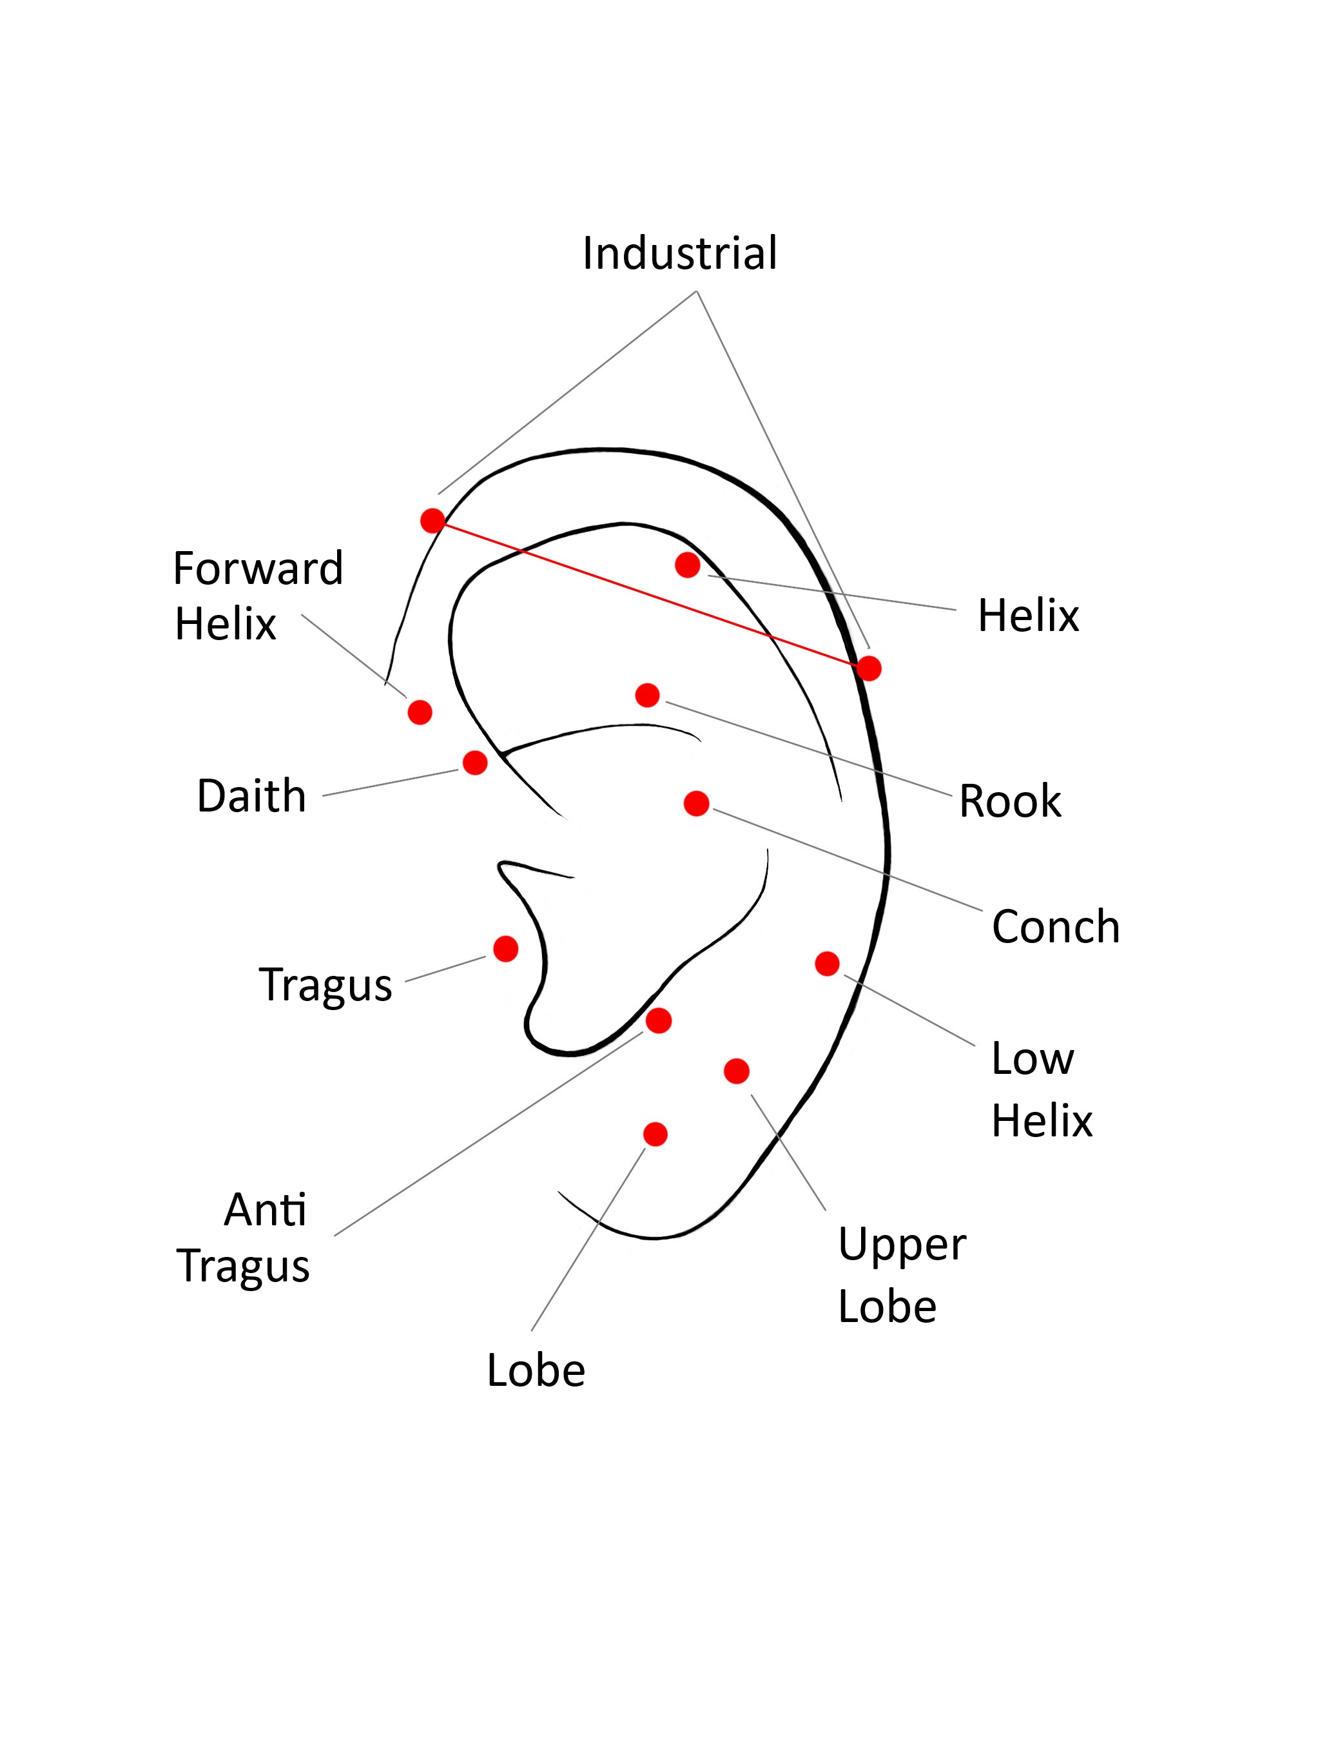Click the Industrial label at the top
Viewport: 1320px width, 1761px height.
[x=679, y=253]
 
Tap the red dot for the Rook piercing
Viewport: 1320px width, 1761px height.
[x=647, y=695]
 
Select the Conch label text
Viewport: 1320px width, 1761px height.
[x=1055, y=927]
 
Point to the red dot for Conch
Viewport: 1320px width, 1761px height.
[x=696, y=803]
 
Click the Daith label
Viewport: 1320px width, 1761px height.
[x=251, y=795]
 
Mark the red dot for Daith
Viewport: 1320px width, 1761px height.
[x=475, y=762]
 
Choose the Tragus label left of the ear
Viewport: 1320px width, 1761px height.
[x=325, y=985]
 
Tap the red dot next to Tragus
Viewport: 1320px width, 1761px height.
[x=505, y=948]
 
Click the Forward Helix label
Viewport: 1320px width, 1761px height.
[x=257, y=595]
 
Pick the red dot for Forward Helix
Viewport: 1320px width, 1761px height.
[x=420, y=712]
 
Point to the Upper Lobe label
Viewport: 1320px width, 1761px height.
[x=901, y=1274]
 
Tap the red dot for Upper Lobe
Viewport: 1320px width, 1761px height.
[x=737, y=1071]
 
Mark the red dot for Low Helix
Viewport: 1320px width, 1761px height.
[x=827, y=963]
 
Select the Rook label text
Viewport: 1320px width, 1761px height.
[x=1009, y=801]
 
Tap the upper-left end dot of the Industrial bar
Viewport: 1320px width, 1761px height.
[x=432, y=521]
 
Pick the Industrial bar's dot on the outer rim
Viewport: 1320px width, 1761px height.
[x=869, y=668]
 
